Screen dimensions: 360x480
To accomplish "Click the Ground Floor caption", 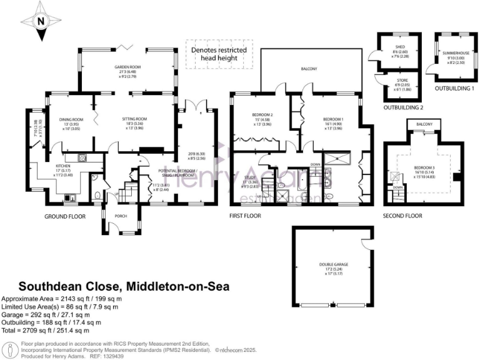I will (x=64, y=216).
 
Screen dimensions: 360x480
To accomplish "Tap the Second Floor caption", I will (x=402, y=216).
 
